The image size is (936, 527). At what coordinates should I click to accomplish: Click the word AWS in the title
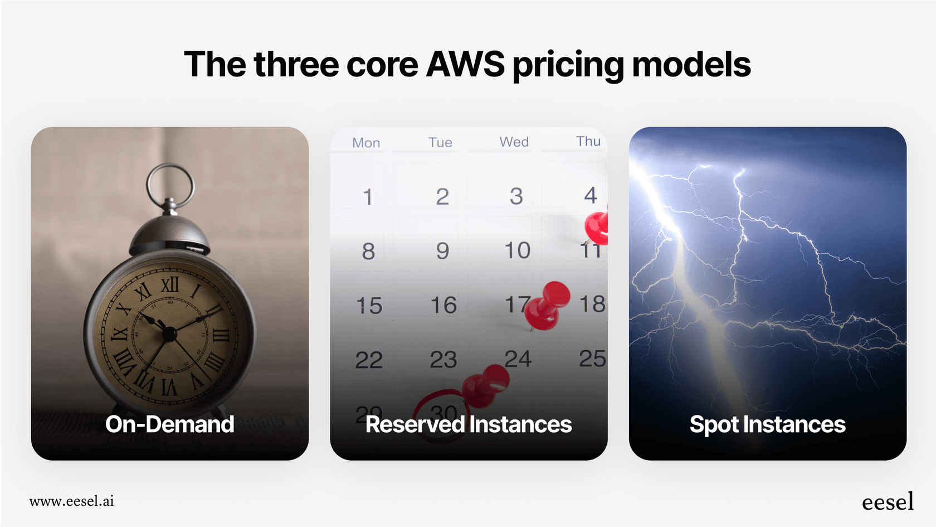point(465,64)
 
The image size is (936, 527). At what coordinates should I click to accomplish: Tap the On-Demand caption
point(170,424)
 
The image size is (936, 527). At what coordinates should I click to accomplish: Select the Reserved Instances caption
point(469,424)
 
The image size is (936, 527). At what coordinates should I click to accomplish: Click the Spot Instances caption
point(767,424)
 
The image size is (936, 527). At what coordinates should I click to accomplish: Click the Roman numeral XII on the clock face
point(170,284)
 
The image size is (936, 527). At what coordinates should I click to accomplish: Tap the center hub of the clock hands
point(169,334)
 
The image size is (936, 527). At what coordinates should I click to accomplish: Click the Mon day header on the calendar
point(366,143)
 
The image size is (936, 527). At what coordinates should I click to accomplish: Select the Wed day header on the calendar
point(514,142)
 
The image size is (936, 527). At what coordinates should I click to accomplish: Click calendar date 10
point(518,250)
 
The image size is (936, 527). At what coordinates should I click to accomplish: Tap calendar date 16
point(443,305)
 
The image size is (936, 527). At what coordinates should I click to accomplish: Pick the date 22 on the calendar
point(369,360)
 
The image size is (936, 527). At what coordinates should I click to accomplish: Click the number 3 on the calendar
point(516,196)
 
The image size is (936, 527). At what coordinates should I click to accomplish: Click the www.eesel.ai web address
point(72,501)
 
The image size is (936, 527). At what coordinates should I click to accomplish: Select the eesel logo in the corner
point(888,502)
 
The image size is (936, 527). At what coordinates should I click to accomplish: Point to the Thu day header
point(588,141)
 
